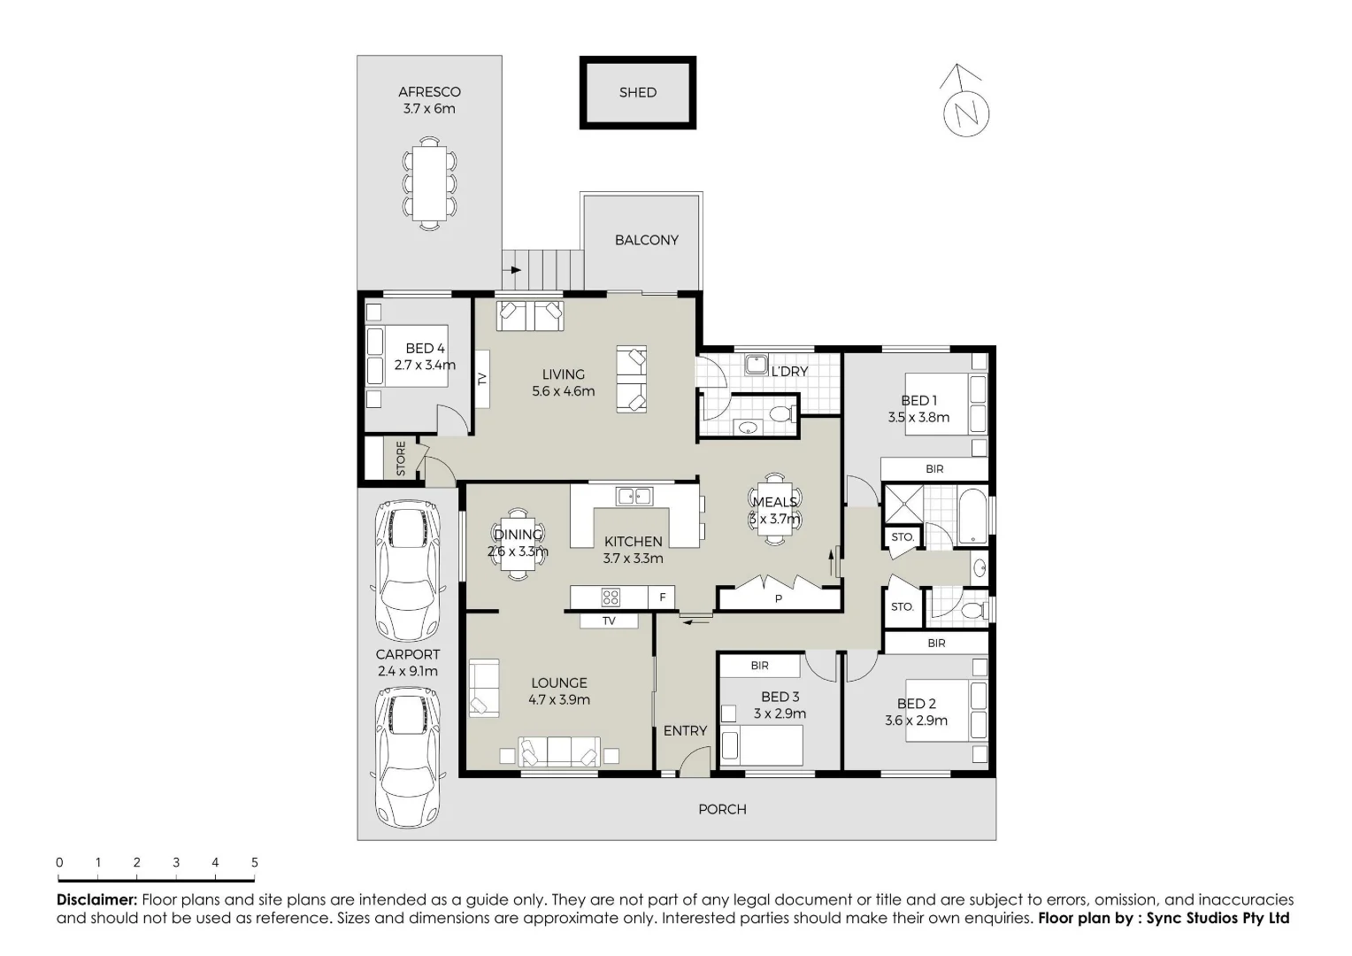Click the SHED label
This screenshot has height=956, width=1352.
(x=637, y=92)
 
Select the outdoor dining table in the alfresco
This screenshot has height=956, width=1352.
(x=429, y=184)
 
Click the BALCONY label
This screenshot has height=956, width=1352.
(x=646, y=240)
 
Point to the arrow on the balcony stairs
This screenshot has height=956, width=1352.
(x=512, y=269)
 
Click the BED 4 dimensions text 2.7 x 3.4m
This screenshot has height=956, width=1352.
(x=425, y=365)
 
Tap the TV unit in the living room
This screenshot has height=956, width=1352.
(x=482, y=379)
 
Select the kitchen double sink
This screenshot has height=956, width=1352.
(x=634, y=496)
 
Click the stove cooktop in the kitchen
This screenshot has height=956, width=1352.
(x=610, y=597)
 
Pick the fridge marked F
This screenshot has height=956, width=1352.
(x=662, y=597)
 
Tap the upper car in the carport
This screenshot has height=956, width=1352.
(x=408, y=573)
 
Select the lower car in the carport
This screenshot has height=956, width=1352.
(x=408, y=758)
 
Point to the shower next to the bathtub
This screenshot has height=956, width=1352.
(x=903, y=504)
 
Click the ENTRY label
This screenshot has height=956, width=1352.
(x=685, y=730)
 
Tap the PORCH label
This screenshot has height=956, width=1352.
(x=722, y=809)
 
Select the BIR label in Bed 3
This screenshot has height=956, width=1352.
(x=759, y=666)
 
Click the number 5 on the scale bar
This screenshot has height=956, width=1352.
(x=255, y=862)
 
